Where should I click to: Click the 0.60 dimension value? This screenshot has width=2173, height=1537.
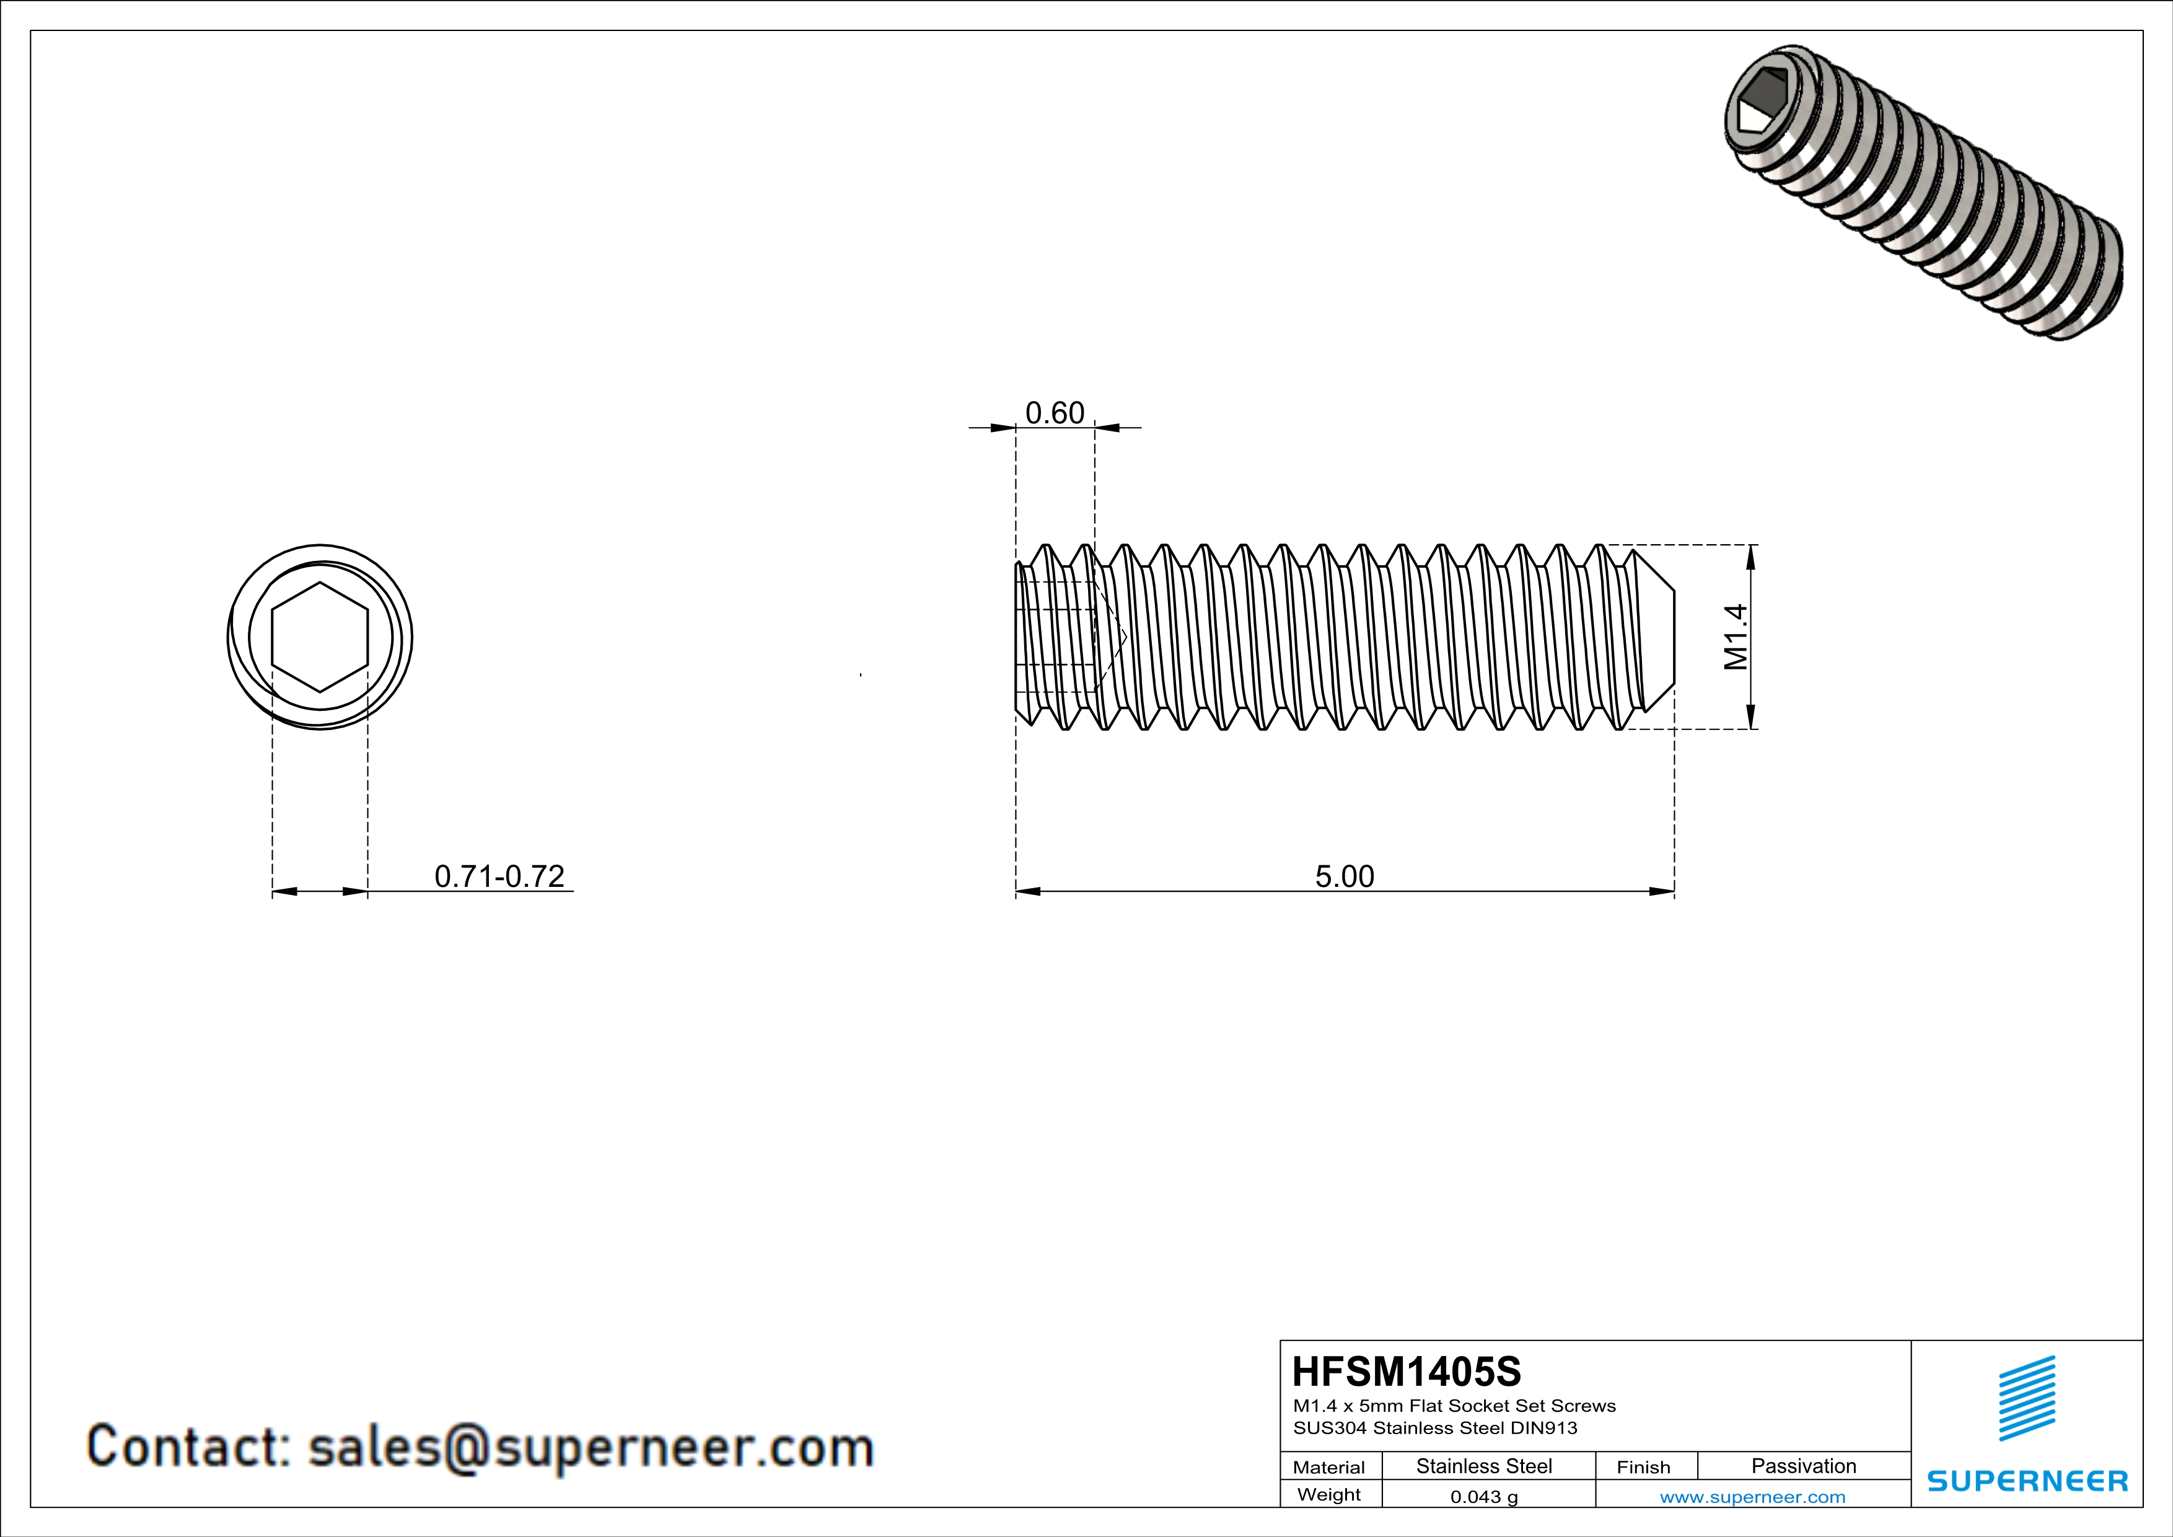coord(1055,413)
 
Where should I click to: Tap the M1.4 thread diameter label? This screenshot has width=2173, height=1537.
coord(1736,637)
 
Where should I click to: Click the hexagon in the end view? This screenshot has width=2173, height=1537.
coord(320,637)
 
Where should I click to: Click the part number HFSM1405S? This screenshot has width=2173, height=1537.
coord(1407,1372)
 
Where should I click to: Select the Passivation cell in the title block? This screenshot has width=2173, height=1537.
coord(1803,1466)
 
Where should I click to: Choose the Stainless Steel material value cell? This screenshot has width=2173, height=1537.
coord(1484,1466)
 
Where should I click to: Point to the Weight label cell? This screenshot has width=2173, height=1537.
coord(1329,1494)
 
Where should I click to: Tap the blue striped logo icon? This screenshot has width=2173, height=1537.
coord(2026,1398)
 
